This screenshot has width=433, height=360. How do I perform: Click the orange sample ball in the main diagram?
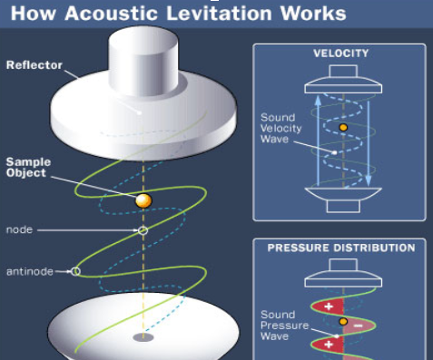(143, 200)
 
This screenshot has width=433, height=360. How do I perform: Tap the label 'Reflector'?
(34, 64)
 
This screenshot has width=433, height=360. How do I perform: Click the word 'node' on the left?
(19, 229)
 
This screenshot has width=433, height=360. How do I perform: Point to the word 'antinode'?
(27, 270)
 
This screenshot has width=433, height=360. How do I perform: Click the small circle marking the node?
(143, 230)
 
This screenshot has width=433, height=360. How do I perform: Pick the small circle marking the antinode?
(76, 270)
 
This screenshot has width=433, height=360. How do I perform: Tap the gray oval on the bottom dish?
(143, 337)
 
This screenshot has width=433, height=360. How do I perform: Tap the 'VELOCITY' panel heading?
(340, 54)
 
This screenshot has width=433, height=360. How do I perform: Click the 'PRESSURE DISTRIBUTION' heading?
(341, 247)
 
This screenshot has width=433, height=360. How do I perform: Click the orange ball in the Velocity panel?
(342, 128)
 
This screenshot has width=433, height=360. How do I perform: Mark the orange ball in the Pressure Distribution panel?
(342, 321)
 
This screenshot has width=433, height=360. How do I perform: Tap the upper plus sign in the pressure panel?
(323, 306)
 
